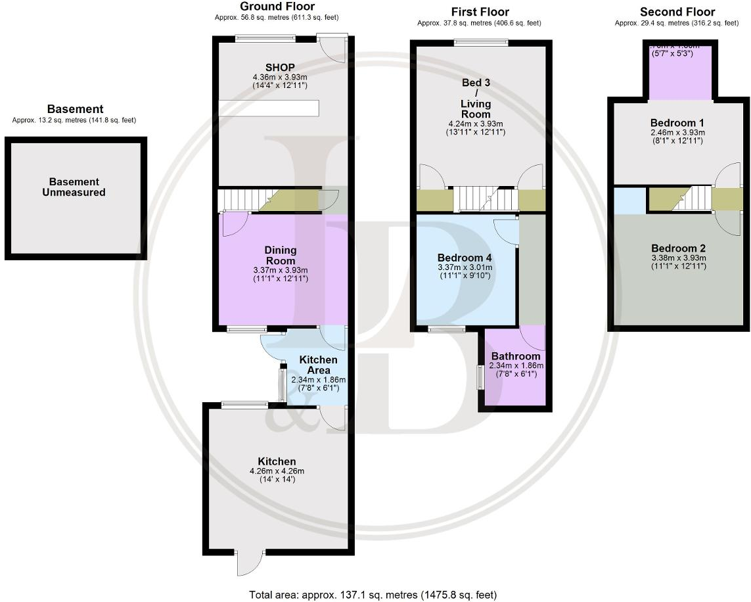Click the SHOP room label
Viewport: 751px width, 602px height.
click(x=280, y=67)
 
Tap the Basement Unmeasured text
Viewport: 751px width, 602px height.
click(x=74, y=187)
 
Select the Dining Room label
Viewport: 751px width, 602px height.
click(x=281, y=255)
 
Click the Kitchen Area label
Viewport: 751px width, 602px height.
click(x=318, y=365)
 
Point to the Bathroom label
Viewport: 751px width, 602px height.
click(x=516, y=356)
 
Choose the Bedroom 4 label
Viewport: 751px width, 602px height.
click(x=465, y=258)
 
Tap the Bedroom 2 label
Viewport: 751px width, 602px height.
click(x=678, y=248)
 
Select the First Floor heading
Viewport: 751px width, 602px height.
click(x=480, y=12)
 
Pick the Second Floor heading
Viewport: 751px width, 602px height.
click(x=677, y=12)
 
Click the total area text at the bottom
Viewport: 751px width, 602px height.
click(x=373, y=595)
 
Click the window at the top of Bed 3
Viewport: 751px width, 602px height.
click(x=480, y=43)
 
